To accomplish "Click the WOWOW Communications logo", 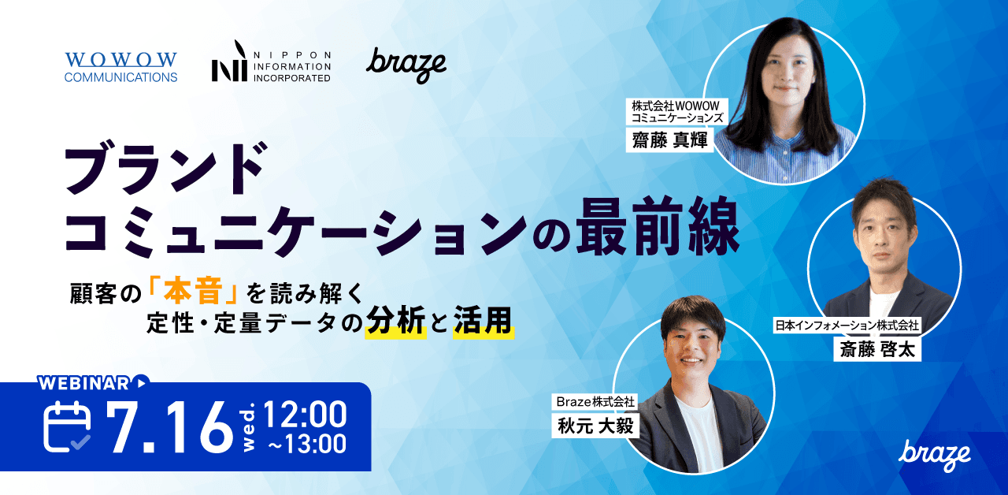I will click(120, 67).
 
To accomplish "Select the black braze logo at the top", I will click(406, 65).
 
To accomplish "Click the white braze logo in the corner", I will click(935, 454).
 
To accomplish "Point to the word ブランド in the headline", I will click(163, 169).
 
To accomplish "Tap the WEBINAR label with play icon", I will click(93, 383).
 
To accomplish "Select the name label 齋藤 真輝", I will click(669, 140).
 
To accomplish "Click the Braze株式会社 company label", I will click(595, 402).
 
